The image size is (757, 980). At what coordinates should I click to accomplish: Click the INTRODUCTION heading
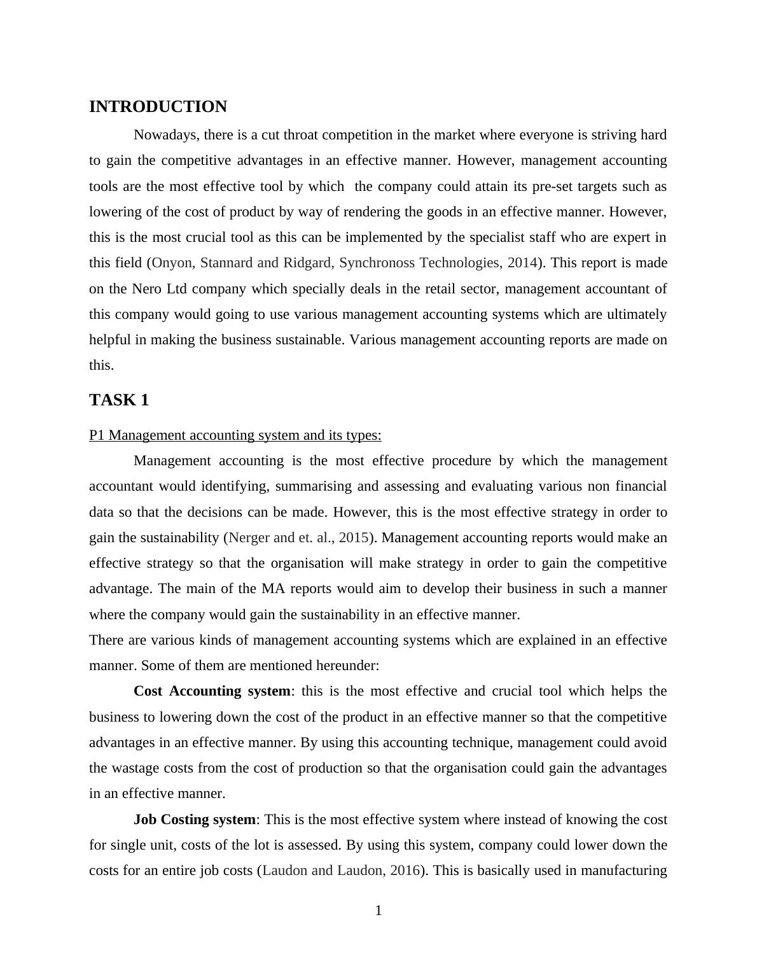pos(158,107)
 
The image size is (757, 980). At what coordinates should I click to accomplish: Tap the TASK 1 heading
pos(119,400)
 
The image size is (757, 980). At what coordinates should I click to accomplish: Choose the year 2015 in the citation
pos(353,538)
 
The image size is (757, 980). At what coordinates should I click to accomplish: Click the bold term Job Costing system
pos(194,820)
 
